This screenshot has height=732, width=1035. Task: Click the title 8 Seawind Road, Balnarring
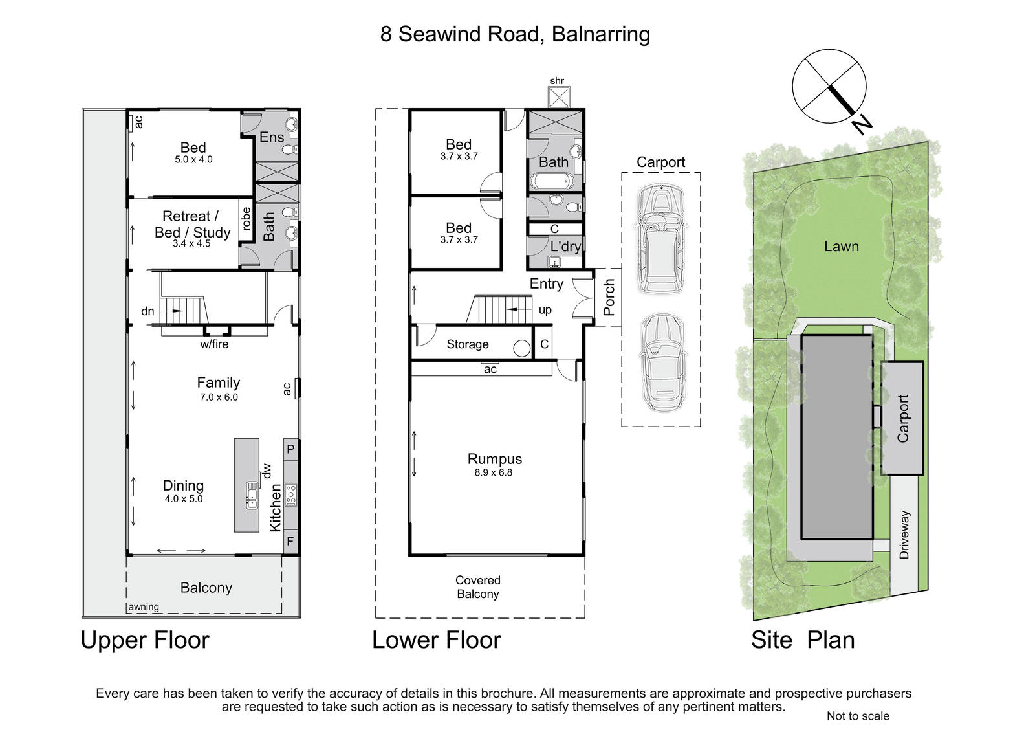(515, 34)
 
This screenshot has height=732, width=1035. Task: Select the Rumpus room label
(494, 459)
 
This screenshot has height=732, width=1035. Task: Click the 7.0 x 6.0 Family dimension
(219, 397)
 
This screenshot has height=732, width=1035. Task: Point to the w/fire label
(214, 344)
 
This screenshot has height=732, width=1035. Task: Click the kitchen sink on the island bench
(252, 495)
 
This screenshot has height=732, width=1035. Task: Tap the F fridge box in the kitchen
(290, 541)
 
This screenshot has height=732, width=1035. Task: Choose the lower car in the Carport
(660, 363)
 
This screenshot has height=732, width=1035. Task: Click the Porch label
(609, 297)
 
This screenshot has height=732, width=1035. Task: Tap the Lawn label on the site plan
(841, 247)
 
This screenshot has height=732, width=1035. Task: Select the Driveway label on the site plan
(904, 535)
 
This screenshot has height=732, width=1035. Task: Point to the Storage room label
(467, 344)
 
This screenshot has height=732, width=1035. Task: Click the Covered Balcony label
(477, 587)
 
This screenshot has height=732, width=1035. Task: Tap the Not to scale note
(858, 716)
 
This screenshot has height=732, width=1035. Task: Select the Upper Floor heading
(145, 640)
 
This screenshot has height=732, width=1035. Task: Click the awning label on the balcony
(144, 607)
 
